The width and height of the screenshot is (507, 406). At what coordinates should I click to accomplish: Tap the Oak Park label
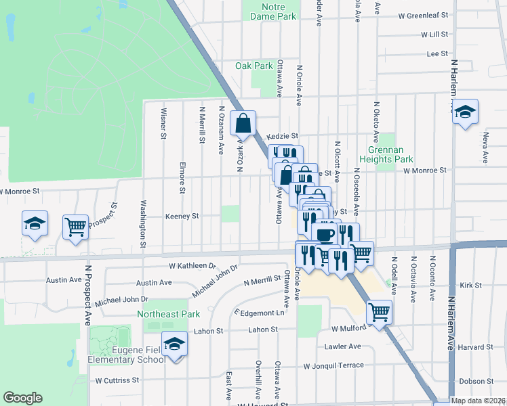pos(254,66)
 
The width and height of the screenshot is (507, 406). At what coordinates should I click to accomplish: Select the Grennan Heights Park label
pos(390,154)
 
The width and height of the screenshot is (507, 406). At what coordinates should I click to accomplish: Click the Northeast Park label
pos(168,314)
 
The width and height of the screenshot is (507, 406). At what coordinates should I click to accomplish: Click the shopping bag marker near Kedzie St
pos(243,124)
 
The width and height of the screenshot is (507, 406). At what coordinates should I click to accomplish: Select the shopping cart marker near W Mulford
pos(379,312)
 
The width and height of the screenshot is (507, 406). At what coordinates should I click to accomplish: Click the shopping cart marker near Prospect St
pos(75,227)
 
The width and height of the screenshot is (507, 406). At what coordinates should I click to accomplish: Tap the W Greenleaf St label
pos(424,14)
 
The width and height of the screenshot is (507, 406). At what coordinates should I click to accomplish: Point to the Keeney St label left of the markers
pos(182,217)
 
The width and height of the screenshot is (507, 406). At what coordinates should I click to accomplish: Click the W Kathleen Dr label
pos(192,267)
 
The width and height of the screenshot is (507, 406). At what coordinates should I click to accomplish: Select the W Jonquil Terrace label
pos(333,366)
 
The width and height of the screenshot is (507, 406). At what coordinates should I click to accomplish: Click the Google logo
pos(23,397)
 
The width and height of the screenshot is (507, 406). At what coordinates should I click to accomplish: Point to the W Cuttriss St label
pos(117,380)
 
